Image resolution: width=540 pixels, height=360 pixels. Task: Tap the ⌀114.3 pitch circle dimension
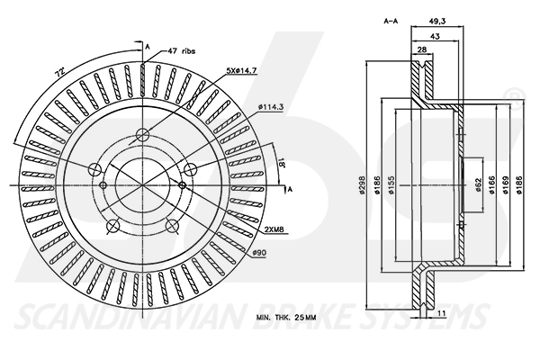pos(271,109)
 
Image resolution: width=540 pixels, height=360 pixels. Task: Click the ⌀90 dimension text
pos(259,253)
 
